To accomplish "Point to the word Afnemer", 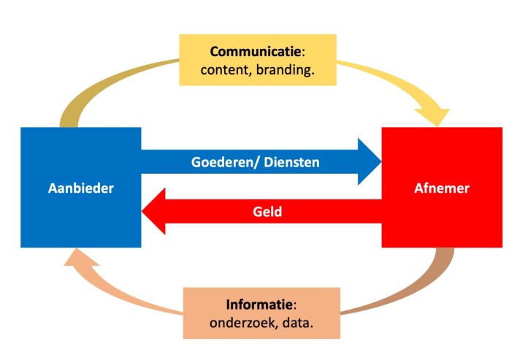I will click(x=441, y=188).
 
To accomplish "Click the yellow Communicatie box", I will click(x=258, y=60).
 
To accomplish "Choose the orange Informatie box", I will click(x=261, y=313).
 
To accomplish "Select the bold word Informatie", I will click(x=254, y=304).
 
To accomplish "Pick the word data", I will click(x=296, y=322).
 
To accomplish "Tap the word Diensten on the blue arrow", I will click(x=293, y=161).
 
